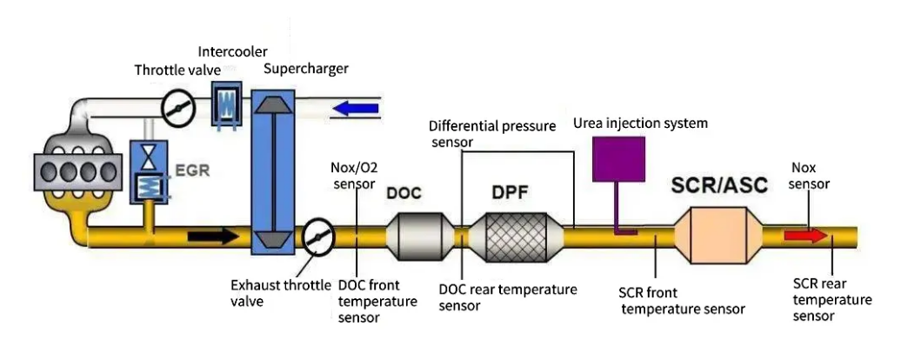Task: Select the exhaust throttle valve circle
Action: click(318, 235)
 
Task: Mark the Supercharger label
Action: click(305, 69)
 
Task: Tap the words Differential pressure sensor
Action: click(492, 133)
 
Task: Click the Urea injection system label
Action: click(640, 123)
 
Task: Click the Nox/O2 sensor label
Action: click(353, 175)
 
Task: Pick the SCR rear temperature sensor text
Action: click(831, 300)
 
